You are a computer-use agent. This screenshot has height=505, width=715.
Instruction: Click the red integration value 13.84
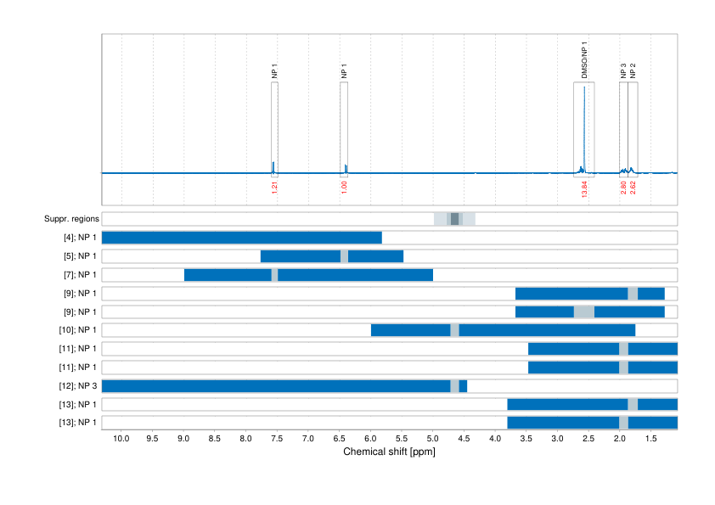tap(584, 188)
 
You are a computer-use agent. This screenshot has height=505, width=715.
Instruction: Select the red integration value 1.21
tap(274, 188)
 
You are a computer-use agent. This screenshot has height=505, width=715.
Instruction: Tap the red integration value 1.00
tap(344, 188)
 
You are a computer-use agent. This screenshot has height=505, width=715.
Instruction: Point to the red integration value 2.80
tap(623, 188)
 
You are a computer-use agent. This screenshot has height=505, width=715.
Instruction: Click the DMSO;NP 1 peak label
tap(584, 60)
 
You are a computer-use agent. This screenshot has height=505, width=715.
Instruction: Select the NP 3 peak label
tap(623, 70)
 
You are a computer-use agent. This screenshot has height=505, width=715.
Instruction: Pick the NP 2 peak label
tap(633, 70)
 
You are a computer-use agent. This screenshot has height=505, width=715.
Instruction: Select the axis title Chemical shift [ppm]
tap(389, 452)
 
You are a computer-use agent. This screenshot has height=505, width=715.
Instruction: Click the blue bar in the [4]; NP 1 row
tap(242, 238)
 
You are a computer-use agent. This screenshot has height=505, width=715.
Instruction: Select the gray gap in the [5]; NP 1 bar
tap(344, 256)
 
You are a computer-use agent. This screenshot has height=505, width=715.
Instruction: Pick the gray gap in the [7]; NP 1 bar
tap(274, 275)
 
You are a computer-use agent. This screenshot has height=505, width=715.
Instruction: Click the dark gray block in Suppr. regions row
tap(455, 219)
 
